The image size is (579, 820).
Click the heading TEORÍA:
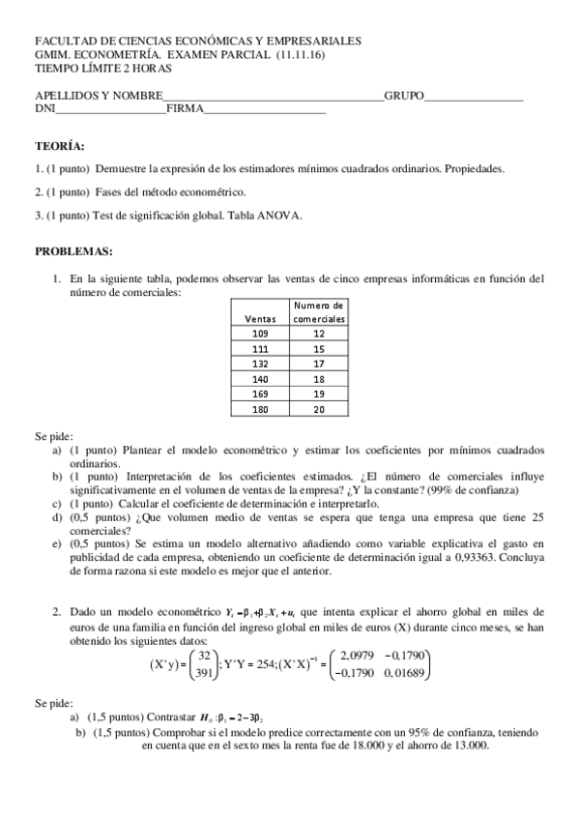click(x=59, y=146)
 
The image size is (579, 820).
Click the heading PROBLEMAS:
click(x=73, y=251)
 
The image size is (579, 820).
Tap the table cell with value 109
click(x=260, y=332)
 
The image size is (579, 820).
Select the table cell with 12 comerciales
click(x=319, y=332)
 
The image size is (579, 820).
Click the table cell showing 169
click(x=260, y=395)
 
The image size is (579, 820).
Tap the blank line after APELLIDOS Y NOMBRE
click(x=273, y=97)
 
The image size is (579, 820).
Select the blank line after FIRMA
click(x=265, y=110)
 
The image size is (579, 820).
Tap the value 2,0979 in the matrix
click(x=362, y=654)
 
